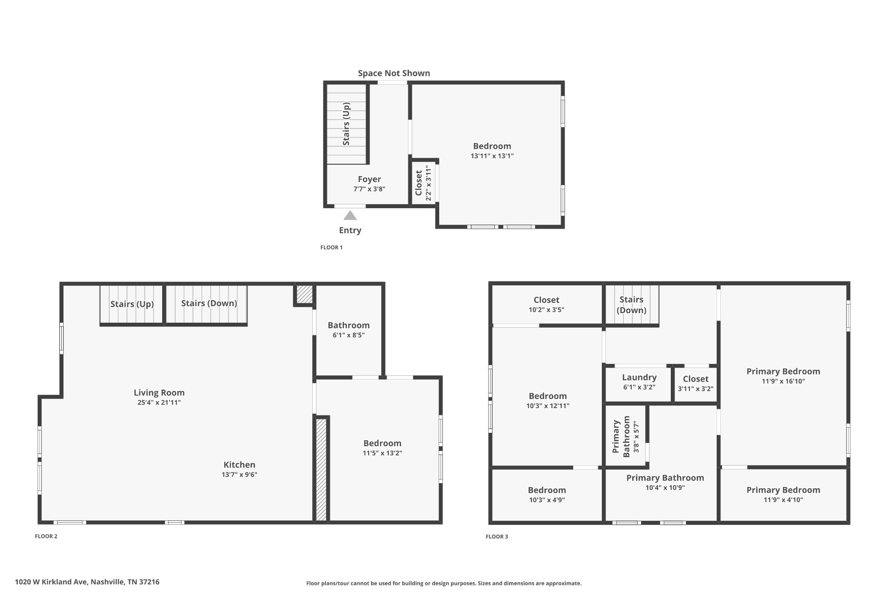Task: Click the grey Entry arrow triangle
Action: (x=350, y=216)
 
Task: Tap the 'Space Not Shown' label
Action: (x=394, y=73)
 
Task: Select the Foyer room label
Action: (x=369, y=179)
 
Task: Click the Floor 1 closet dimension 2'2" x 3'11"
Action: (x=428, y=183)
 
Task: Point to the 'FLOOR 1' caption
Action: (x=331, y=248)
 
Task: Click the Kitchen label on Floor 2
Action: (x=239, y=464)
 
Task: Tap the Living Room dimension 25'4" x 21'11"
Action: (x=159, y=402)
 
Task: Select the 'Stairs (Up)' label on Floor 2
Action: (x=132, y=304)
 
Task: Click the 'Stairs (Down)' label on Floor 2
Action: (x=209, y=303)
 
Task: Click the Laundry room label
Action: (x=639, y=377)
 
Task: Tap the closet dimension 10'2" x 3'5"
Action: (x=546, y=310)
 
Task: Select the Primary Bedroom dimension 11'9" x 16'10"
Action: (x=783, y=382)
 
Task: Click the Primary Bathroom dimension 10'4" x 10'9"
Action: (x=665, y=488)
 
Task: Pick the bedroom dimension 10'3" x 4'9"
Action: (x=547, y=500)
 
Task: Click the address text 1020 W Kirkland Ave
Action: (x=87, y=582)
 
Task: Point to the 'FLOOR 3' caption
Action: (x=496, y=537)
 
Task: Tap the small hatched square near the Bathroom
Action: (x=304, y=294)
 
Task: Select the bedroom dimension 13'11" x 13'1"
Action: (x=492, y=156)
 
